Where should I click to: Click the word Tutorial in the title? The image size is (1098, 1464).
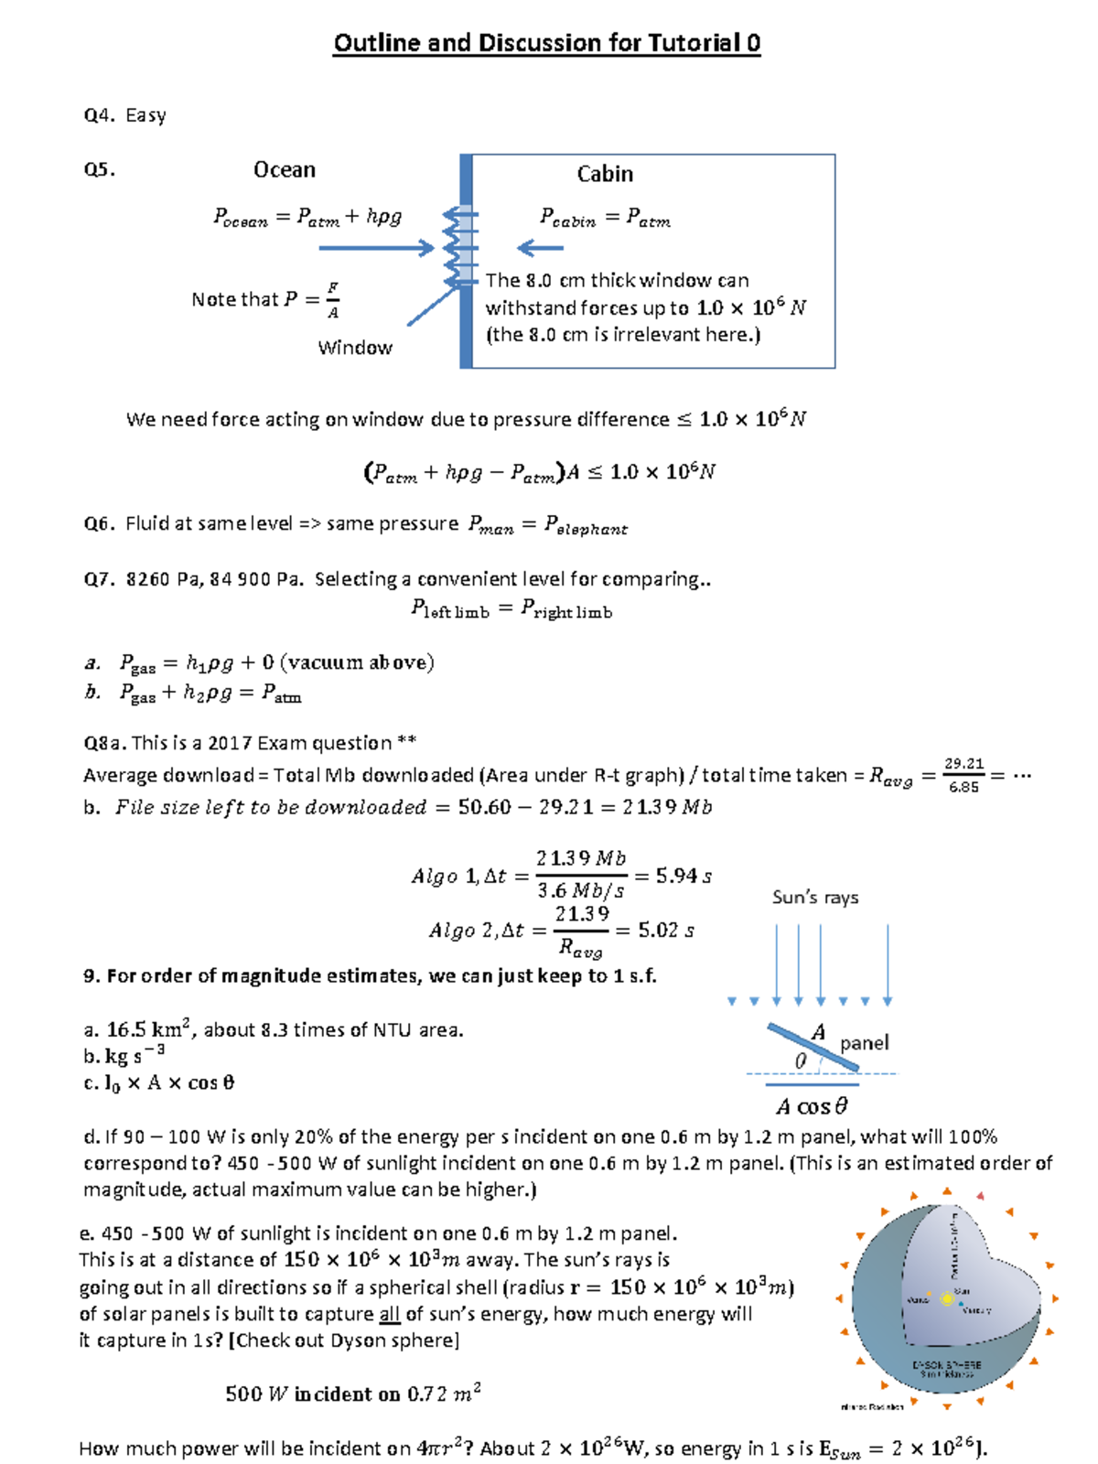[x=694, y=43]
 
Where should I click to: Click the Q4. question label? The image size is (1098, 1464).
[x=99, y=115]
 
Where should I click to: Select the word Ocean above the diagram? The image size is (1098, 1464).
[x=285, y=170]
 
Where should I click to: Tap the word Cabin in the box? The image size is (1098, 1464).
[x=605, y=174]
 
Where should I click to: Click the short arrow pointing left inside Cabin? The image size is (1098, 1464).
[x=541, y=247]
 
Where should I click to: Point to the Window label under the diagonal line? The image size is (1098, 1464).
[x=355, y=348]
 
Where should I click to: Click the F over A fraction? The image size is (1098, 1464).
[x=333, y=300]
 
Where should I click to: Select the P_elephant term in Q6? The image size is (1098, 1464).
[x=586, y=524]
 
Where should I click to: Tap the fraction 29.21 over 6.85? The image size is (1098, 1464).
[x=963, y=775]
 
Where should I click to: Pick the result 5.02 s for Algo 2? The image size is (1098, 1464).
[x=666, y=931]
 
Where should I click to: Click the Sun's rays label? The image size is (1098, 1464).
[x=815, y=898]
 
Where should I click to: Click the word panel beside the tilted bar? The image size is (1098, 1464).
[x=864, y=1043]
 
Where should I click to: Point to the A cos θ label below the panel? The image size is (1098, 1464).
[x=812, y=1106]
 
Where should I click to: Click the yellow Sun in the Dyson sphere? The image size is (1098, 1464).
[x=948, y=1298]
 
